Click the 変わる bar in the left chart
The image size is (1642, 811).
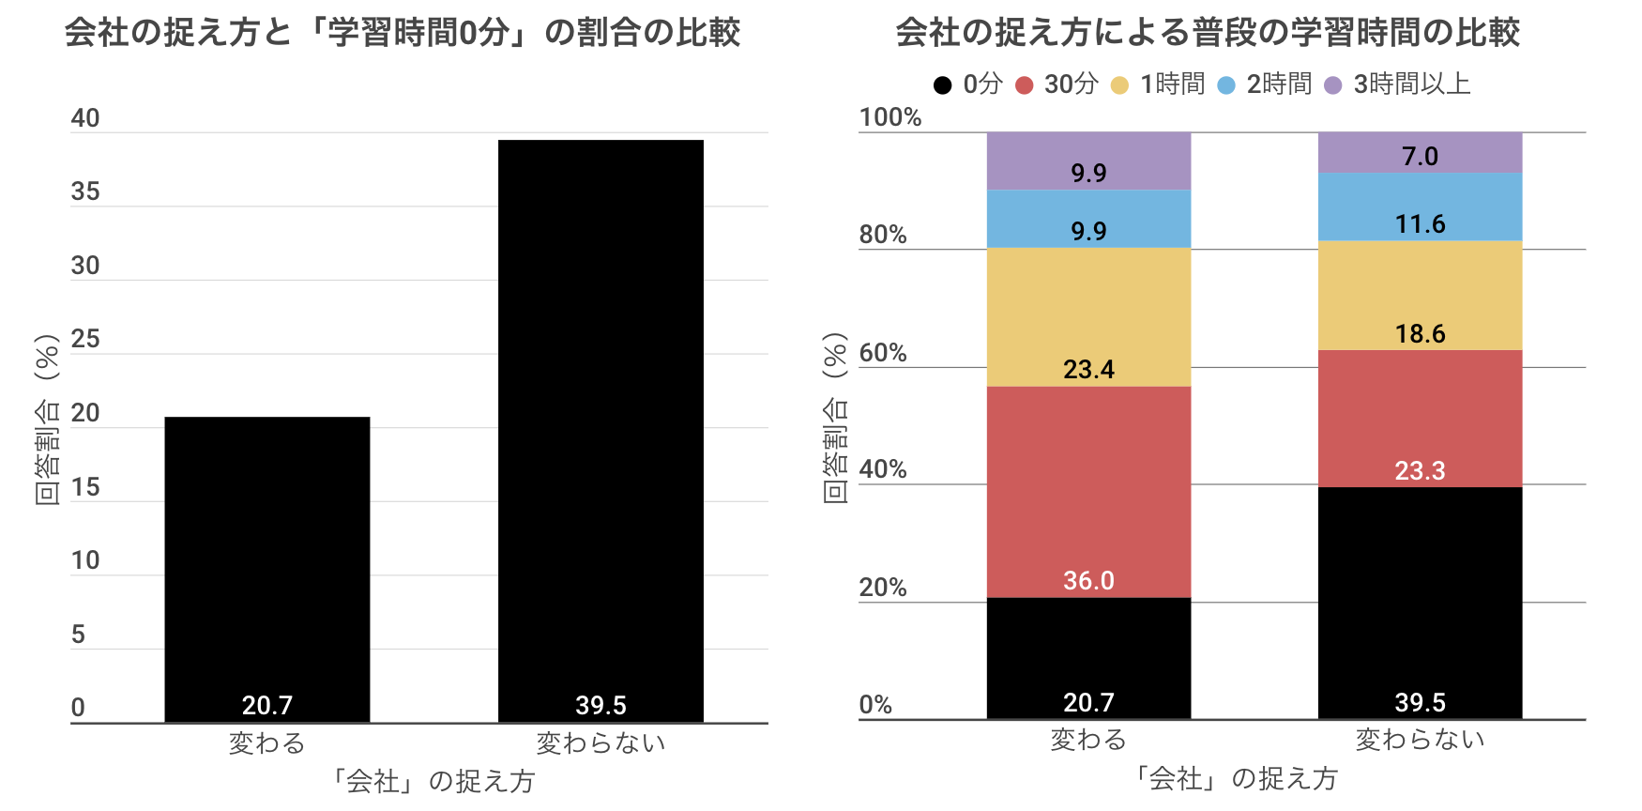point(267,563)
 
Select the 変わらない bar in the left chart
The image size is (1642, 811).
point(601,422)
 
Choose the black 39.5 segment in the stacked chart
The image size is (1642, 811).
point(1420,601)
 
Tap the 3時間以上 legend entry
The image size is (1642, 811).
point(1398,84)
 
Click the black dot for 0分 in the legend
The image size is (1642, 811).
point(943,85)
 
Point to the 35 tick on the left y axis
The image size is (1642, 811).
point(85,192)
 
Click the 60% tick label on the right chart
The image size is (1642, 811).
point(883,353)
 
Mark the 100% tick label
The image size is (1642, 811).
point(890,117)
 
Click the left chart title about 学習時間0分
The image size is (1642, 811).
point(403,33)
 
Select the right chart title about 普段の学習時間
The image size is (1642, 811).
point(1208,33)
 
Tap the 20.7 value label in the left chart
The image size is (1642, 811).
point(267,705)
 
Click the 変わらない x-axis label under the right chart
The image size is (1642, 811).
point(1420,740)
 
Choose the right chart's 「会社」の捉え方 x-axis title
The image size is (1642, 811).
point(1235,778)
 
